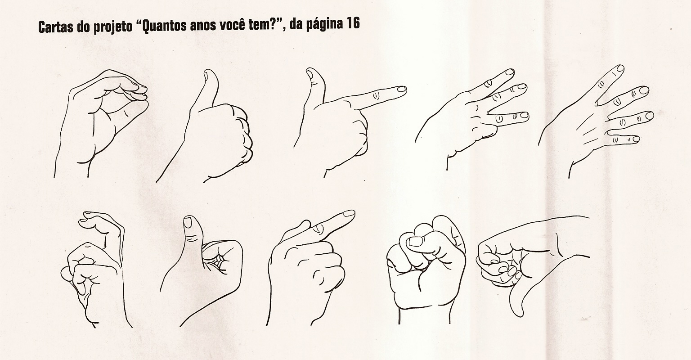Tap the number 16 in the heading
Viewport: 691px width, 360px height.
pos(353,24)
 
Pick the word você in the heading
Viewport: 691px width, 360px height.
pos(233,25)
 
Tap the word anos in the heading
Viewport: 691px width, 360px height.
pos(201,25)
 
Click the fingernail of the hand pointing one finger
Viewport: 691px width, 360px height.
pos(348,213)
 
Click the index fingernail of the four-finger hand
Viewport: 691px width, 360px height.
pos(619,69)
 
